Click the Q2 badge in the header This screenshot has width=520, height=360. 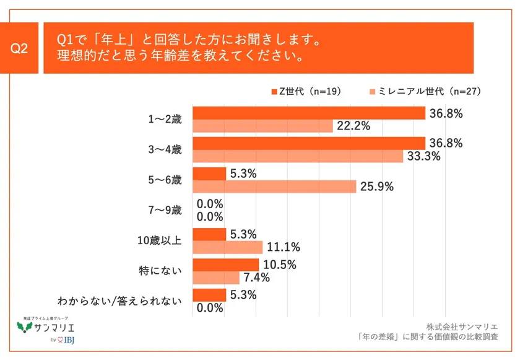click(x=20, y=48)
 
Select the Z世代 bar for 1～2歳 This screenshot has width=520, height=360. click(x=309, y=113)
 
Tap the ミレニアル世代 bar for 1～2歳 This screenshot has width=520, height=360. click(x=263, y=126)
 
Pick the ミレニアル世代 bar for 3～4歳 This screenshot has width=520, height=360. click(x=298, y=156)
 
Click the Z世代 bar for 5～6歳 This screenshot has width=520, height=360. click(x=209, y=173)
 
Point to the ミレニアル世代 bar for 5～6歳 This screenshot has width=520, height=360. click(x=274, y=187)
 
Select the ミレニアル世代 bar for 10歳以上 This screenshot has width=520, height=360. click(x=228, y=247)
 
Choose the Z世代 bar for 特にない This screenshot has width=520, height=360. click(x=226, y=265)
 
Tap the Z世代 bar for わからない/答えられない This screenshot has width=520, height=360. click(x=209, y=295)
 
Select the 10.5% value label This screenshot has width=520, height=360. click(x=279, y=265)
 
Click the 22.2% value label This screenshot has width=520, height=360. click(x=353, y=126)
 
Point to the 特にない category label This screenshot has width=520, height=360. click(x=162, y=271)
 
